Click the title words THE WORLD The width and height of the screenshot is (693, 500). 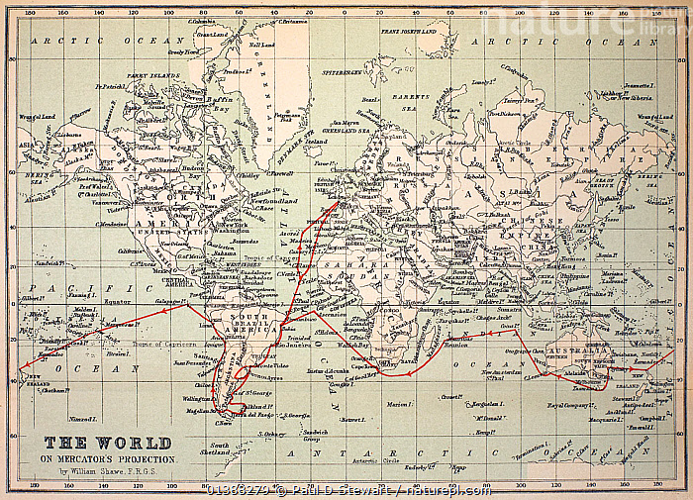coord(108,443)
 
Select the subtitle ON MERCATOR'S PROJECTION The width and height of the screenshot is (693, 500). coord(108,460)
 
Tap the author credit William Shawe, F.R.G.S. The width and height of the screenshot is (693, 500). coord(109,473)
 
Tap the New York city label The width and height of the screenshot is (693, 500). coord(233,225)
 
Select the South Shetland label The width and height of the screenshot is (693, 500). coord(220,450)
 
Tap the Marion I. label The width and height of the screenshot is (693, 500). coord(398,403)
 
